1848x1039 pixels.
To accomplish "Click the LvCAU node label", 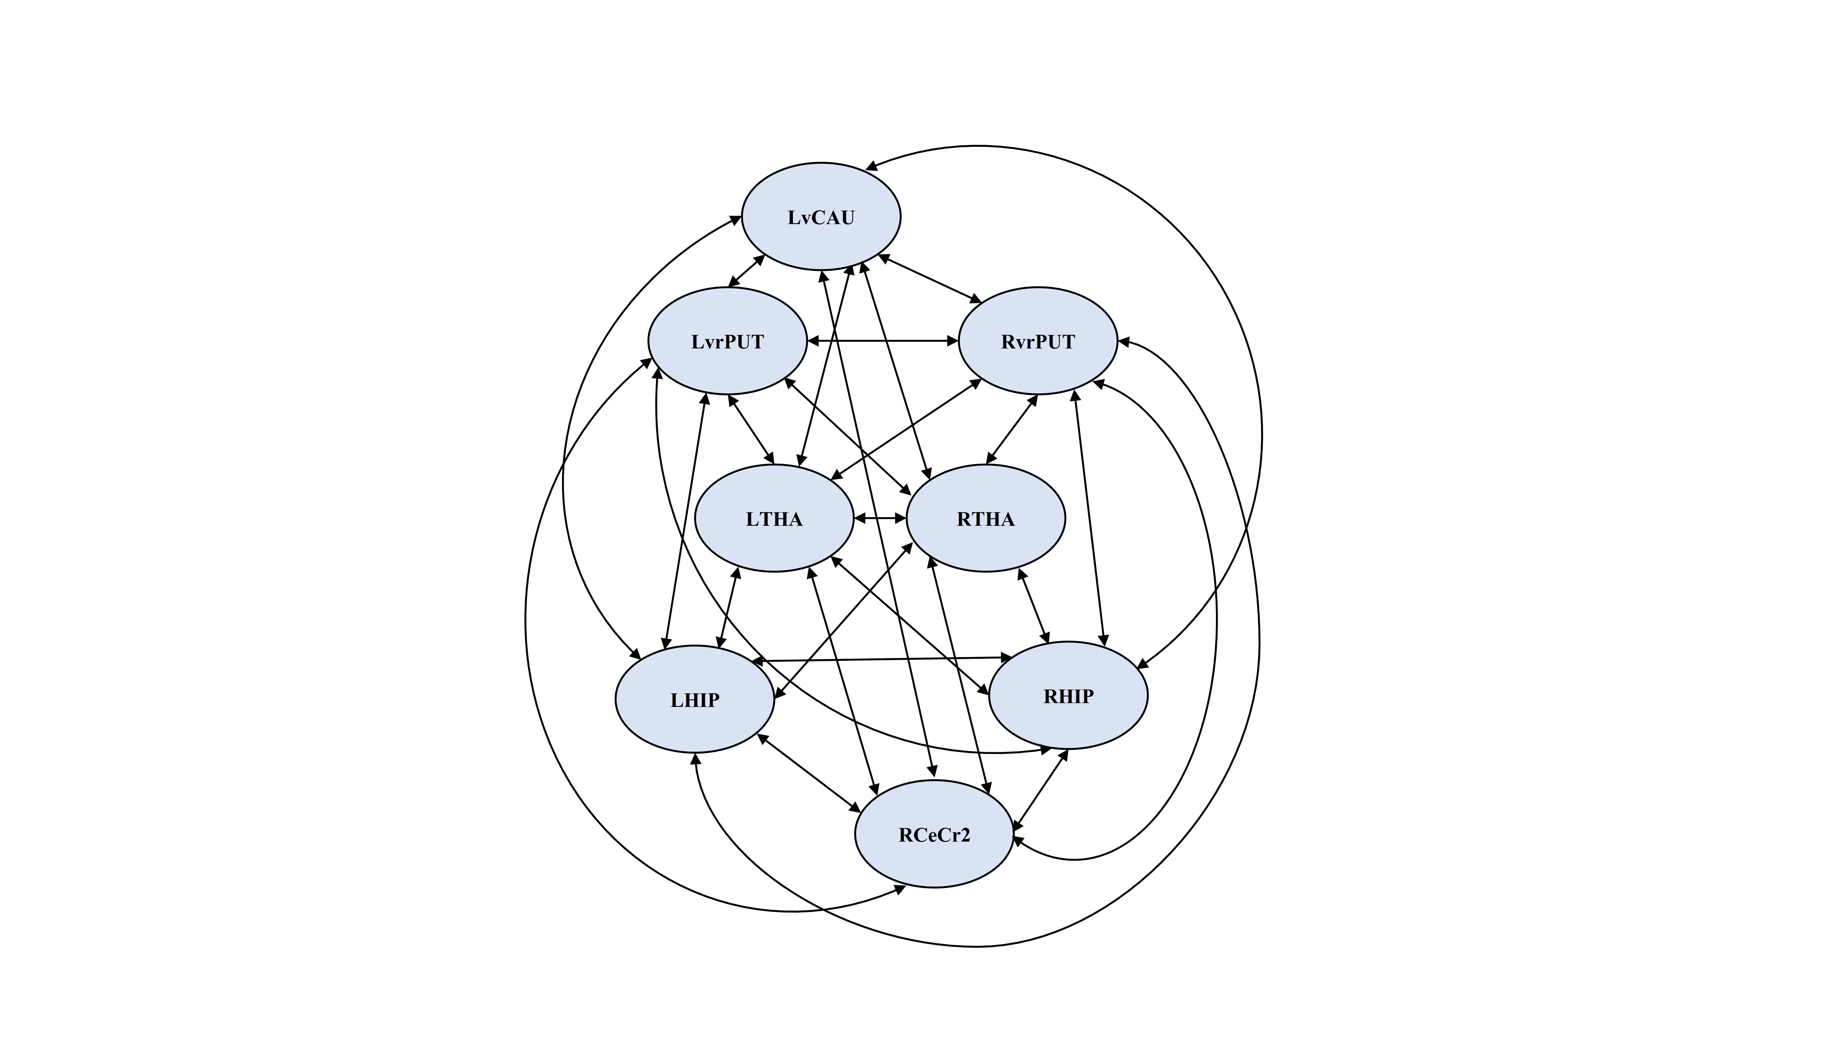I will pyautogui.click(x=821, y=217).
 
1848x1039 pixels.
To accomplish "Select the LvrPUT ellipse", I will pyautogui.click(x=727, y=341).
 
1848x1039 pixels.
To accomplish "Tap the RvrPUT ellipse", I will pyautogui.click(x=1037, y=341).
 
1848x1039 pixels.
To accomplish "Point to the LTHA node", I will pyautogui.click(x=774, y=518).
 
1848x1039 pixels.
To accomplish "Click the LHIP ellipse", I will pyautogui.click(x=694, y=700).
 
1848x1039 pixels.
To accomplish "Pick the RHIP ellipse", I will pyautogui.click(x=1068, y=695).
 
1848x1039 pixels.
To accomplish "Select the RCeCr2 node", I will pyautogui.click(x=934, y=835).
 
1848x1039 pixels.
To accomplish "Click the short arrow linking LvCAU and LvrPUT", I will pyautogui.click(x=747, y=270).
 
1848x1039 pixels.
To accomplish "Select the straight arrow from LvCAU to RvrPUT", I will pyautogui.click(x=930, y=277).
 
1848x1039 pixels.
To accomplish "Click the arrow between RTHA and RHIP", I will pyautogui.click(x=1034, y=606).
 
